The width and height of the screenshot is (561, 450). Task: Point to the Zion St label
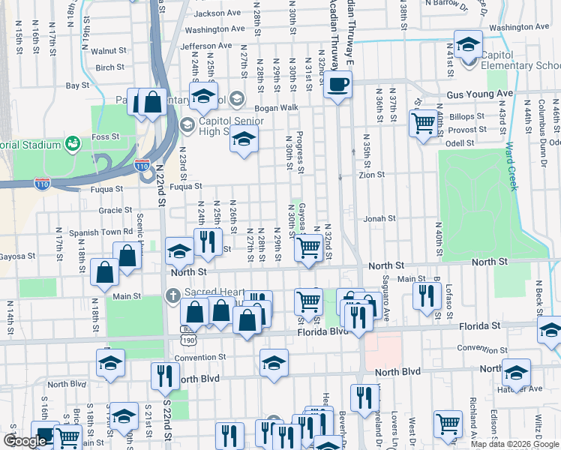[371, 175]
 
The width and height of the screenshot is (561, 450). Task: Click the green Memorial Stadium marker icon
[73, 142]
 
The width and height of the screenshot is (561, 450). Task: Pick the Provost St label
[466, 130]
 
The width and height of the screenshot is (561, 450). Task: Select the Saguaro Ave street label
[387, 300]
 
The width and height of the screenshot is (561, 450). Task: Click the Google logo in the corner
[25, 441]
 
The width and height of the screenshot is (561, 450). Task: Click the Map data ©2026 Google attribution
[514, 443]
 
